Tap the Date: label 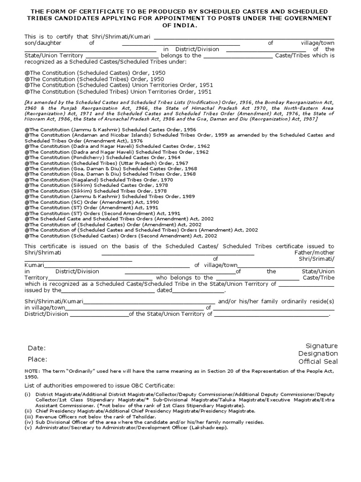(37, 348)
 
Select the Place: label (38, 360)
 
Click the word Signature (322, 345)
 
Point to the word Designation (318, 353)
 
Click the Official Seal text (318, 361)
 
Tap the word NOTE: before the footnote (32, 371)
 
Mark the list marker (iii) (28, 416)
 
